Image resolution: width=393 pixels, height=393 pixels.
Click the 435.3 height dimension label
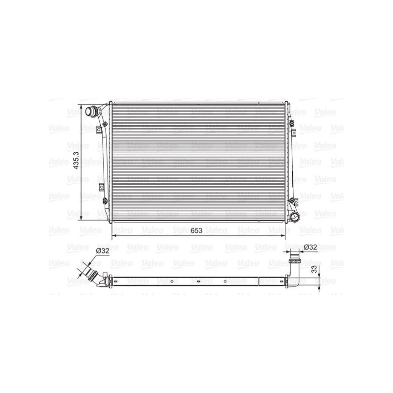pos(76,160)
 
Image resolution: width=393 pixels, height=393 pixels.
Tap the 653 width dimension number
pos(196,230)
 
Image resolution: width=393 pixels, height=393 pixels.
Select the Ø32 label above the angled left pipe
pos(103,251)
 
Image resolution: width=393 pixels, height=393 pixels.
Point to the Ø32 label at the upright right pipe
pos(310,247)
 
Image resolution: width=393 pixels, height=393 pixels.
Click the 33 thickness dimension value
pos(314,269)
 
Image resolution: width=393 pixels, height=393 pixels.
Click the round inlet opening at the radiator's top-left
pos(89,112)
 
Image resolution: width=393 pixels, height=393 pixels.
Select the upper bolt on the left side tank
pos(105,124)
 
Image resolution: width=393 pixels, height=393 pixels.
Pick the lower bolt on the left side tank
pos(105,200)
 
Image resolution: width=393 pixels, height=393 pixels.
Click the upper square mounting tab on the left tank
pos(99,130)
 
